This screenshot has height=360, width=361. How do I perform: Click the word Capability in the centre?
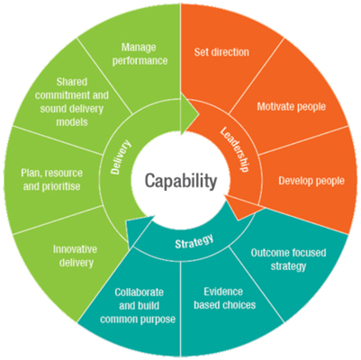tap(181, 181)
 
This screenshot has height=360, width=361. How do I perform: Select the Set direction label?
tap(221, 52)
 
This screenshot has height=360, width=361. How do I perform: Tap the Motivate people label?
tap(291, 106)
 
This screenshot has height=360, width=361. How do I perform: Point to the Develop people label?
tap(311, 181)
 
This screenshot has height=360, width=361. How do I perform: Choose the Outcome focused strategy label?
tap(288, 259)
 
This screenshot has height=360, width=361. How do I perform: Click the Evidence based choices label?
tap(224, 298)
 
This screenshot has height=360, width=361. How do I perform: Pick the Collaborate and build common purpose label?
tap(138, 306)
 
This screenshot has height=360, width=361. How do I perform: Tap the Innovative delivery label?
tap(76, 256)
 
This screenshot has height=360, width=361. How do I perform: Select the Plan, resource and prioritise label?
tap(51, 180)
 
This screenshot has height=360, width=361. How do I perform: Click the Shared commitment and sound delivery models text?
tap(72, 102)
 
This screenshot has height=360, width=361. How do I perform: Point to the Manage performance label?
tap(140, 54)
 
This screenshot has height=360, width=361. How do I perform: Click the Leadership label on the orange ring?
tap(235, 149)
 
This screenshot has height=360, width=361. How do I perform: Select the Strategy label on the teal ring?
tap(194, 241)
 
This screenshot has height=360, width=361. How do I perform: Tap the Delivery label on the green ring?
tap(121, 157)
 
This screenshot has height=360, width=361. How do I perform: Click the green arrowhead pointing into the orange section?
tap(189, 113)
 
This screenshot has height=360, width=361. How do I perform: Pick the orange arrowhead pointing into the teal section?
tap(242, 208)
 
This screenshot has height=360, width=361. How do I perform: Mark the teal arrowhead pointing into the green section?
tap(140, 231)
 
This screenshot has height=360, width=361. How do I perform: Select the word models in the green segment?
tap(72, 122)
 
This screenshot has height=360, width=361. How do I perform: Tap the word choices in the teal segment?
tap(239, 305)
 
